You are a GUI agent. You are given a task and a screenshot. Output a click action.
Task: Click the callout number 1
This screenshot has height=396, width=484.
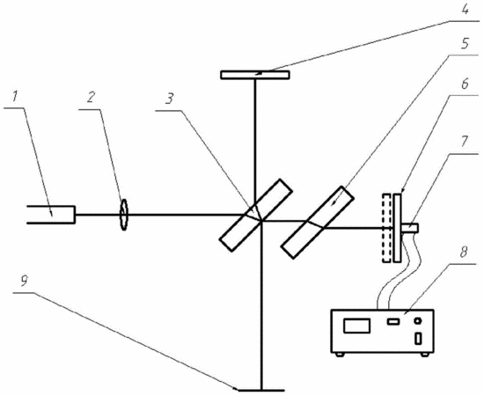click(14, 98)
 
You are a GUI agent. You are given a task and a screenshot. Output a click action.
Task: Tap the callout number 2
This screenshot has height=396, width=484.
click(90, 99)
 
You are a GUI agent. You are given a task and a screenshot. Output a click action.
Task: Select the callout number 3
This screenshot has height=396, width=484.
click(170, 99)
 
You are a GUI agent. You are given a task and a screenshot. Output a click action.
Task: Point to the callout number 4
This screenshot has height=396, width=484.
click(465, 10)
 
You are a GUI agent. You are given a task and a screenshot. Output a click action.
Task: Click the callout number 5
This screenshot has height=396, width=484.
click(464, 44)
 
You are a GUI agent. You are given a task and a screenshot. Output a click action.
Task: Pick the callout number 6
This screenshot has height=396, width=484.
click(465, 84)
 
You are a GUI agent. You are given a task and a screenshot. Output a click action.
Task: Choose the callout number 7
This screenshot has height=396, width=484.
click(465, 143)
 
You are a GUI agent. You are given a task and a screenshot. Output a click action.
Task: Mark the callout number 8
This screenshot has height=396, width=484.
click(464, 253)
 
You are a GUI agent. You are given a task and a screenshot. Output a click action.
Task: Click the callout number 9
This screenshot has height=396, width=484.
click(25, 281)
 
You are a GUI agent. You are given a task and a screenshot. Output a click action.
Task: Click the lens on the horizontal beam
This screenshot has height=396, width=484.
click(123, 215)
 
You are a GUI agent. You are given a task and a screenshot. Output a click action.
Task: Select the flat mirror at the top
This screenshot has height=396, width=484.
click(255, 75)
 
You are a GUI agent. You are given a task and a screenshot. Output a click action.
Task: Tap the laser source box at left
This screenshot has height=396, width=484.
click(51, 214)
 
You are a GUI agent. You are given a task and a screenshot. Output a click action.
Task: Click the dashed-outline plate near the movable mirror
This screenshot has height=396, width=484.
click(386, 228)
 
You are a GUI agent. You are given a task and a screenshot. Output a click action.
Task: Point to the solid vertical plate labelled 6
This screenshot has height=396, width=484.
click(398, 228)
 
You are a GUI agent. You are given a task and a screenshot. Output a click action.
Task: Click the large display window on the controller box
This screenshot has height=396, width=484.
click(356, 326)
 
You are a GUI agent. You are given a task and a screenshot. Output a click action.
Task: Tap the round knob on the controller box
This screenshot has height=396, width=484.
click(418, 321)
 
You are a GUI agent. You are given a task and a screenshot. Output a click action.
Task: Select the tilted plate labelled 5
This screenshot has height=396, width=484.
click(317, 222)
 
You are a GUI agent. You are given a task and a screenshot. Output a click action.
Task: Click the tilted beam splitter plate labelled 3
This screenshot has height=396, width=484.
click(255, 215)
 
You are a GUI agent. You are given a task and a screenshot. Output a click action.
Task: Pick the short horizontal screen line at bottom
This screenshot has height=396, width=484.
click(261, 390)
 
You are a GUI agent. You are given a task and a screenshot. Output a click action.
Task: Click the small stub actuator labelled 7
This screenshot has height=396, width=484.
click(409, 228)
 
